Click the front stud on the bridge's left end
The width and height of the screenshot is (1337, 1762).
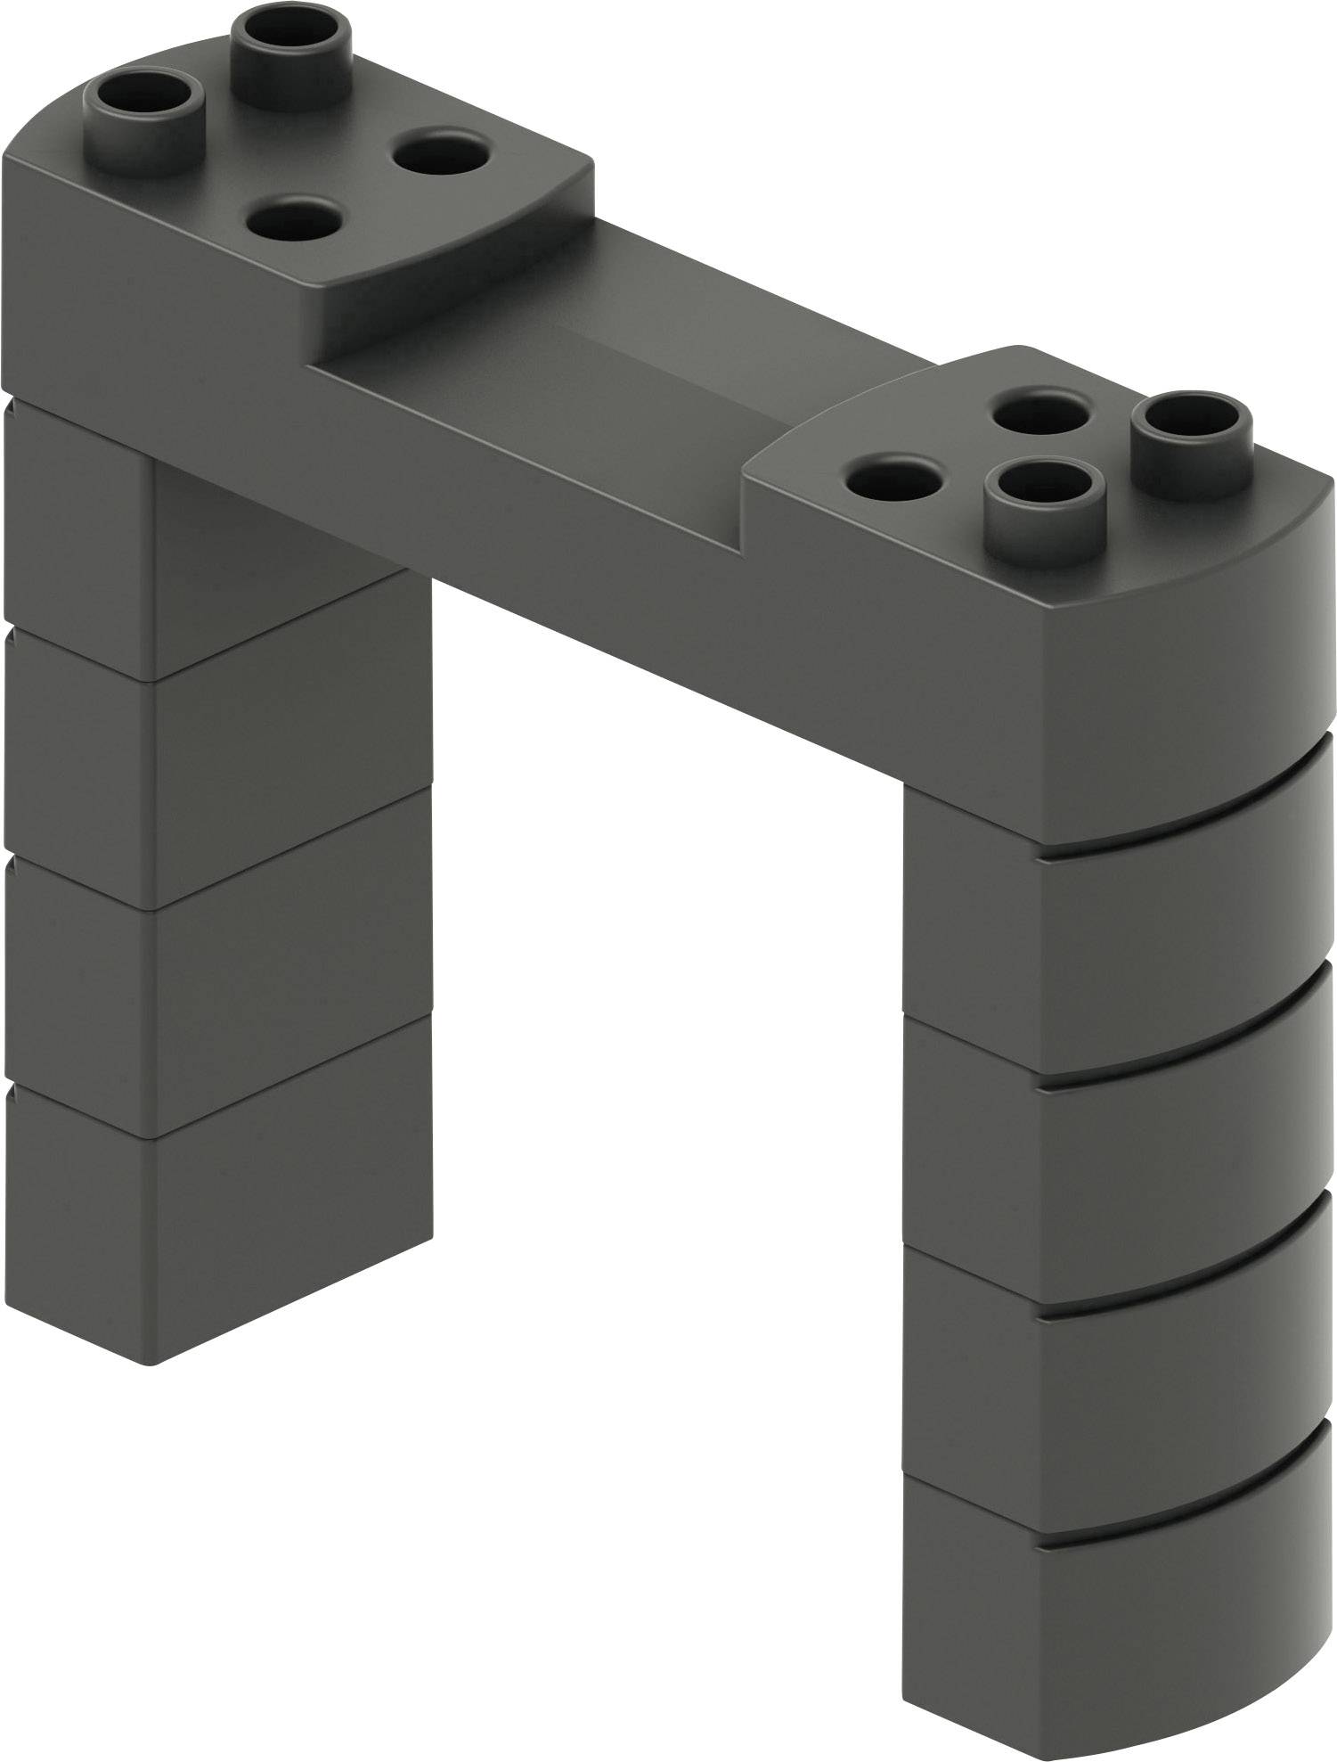pos(143,98)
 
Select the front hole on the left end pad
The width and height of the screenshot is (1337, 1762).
pos(294,217)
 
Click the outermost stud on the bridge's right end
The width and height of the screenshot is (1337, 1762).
pos(1193,418)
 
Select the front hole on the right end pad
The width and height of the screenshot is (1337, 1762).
pos(893,481)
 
